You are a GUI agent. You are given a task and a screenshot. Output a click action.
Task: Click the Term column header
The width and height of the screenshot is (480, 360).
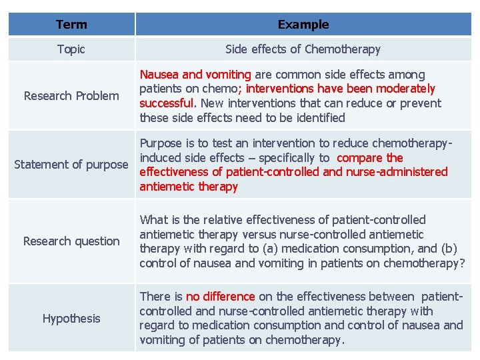pos(71,25)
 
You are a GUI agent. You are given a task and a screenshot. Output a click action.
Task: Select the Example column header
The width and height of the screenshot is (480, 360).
pos(303,25)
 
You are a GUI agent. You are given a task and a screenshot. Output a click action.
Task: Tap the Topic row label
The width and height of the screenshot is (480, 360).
pos(71,49)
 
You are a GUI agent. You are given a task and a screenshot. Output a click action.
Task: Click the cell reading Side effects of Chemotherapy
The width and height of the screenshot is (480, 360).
pos(303,49)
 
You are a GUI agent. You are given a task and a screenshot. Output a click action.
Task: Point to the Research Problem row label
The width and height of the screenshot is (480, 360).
pos(71,96)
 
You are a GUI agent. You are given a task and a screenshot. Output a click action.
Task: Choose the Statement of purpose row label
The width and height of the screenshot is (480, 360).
pos(71,165)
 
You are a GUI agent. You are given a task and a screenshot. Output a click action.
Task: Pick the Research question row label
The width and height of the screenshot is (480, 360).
pos(71,241)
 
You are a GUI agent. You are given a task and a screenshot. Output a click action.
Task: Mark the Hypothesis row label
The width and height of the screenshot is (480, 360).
pos(71,319)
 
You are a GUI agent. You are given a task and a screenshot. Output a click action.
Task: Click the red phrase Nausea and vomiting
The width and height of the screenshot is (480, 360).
pos(195,75)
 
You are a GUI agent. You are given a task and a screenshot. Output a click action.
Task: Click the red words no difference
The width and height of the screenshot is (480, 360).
pos(220,297)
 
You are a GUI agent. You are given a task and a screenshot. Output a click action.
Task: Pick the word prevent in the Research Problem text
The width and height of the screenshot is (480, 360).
pos(419,103)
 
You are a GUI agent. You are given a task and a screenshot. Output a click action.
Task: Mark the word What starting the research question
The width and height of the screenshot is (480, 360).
pos(153,220)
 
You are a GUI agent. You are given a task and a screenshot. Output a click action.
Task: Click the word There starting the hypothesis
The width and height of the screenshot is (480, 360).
pos(156,297)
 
